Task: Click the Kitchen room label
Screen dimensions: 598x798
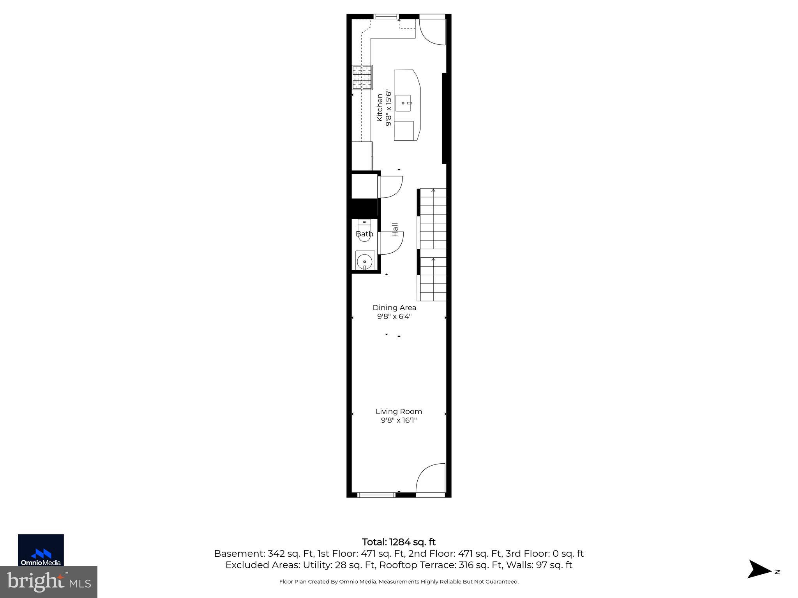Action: [x=380, y=107]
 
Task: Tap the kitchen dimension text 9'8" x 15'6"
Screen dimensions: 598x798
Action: [x=388, y=107]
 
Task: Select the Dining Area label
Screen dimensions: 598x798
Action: [x=394, y=308]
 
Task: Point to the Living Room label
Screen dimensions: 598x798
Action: [x=399, y=412]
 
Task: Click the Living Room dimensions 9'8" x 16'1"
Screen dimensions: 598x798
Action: [x=399, y=420]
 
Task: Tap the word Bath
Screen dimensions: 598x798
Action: [x=364, y=234]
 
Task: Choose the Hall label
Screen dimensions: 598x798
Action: [x=395, y=230]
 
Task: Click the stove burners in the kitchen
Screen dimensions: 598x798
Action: [x=362, y=77]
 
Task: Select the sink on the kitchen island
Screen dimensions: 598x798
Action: [x=404, y=103]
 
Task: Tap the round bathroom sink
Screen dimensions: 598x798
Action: [x=365, y=260]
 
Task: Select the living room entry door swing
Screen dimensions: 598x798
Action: [x=431, y=479]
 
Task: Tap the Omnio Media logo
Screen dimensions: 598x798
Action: [x=41, y=550]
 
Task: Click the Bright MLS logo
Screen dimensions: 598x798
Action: [x=49, y=582]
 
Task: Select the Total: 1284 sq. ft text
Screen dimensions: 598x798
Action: [x=399, y=542]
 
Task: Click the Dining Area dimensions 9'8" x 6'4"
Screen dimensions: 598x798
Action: [x=394, y=317]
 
